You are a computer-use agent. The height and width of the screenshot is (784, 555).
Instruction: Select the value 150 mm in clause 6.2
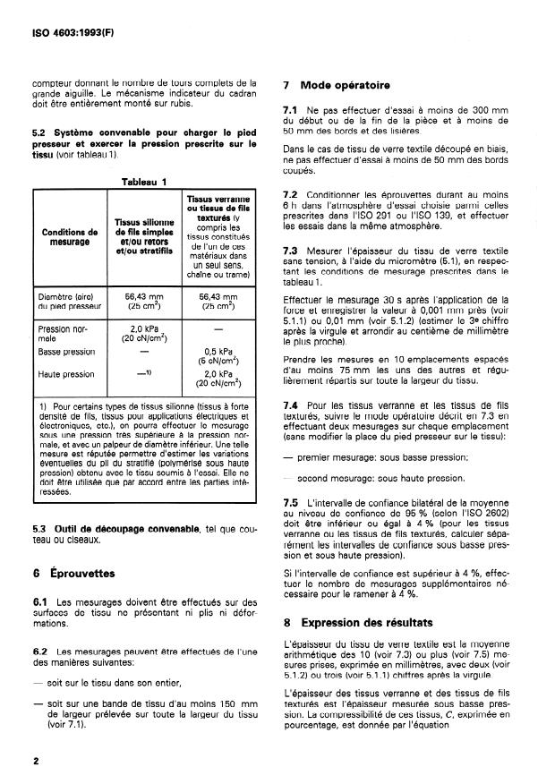pyautogui.click(x=217, y=712)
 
